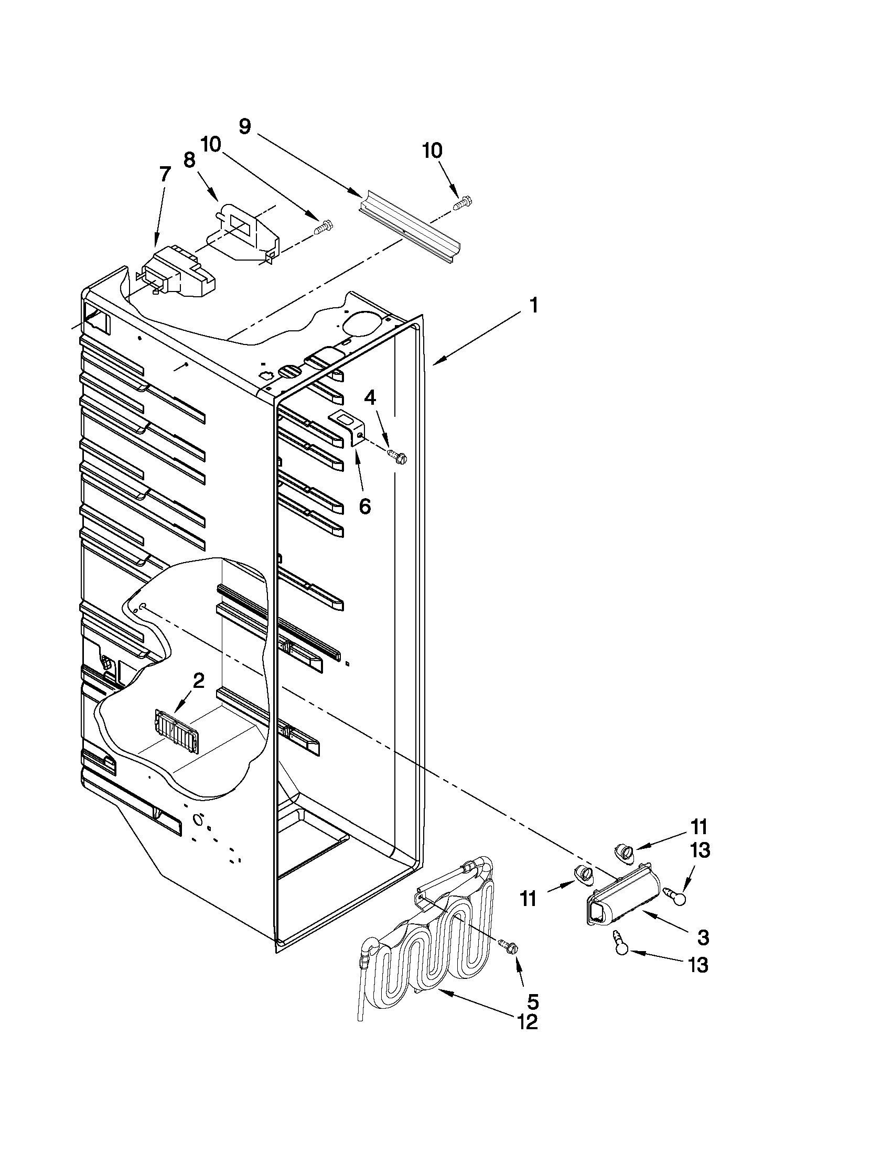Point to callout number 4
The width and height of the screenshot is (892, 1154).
[x=370, y=398]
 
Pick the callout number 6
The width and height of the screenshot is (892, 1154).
[x=364, y=505]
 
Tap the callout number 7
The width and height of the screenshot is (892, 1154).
[x=165, y=174]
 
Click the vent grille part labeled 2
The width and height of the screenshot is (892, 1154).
[x=175, y=731]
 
